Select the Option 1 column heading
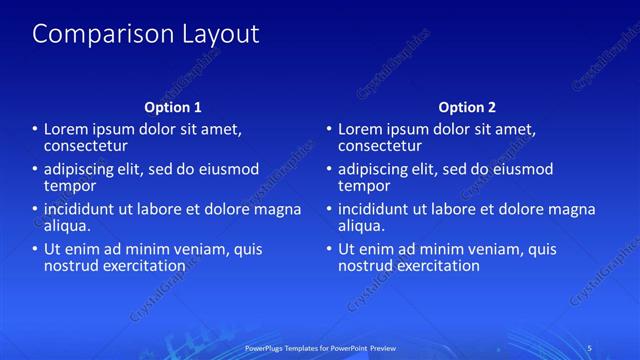[x=173, y=107]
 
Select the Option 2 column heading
[x=467, y=107]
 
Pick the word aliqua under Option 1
[x=67, y=226]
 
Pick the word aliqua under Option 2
[x=361, y=226]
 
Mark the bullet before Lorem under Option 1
[x=35, y=129]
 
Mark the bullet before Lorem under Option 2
[x=329, y=129]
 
